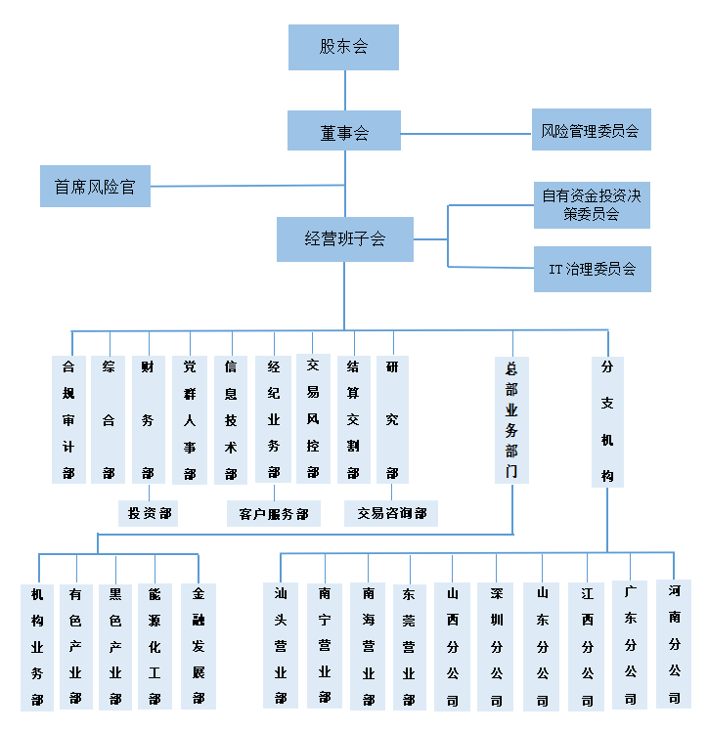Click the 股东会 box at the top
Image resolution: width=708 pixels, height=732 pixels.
(x=343, y=47)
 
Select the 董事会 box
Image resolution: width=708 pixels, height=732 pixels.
(x=344, y=131)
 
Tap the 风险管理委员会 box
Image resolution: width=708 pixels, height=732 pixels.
(x=590, y=130)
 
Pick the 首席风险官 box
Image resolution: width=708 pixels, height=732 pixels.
(x=95, y=187)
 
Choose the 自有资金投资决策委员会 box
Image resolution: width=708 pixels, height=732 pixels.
(x=592, y=205)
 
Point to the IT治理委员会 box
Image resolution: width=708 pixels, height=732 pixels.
(x=592, y=269)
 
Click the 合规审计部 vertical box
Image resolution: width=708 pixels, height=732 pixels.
(x=68, y=419)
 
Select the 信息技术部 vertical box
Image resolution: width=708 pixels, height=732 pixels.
(x=231, y=419)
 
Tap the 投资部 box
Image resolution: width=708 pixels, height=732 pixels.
(x=148, y=512)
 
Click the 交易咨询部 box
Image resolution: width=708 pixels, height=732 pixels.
(x=391, y=513)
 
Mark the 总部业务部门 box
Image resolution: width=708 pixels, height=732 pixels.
(x=511, y=419)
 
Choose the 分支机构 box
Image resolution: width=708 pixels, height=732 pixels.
(x=607, y=421)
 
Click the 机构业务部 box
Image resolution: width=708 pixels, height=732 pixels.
(x=38, y=646)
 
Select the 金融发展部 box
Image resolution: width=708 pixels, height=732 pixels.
(x=199, y=646)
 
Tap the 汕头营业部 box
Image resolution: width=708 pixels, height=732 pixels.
(x=281, y=645)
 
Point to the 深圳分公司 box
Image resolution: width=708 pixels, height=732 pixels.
(x=496, y=645)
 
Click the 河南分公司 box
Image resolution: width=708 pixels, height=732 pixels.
(x=675, y=643)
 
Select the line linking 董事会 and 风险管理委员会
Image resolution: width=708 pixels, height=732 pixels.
(x=465, y=133)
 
